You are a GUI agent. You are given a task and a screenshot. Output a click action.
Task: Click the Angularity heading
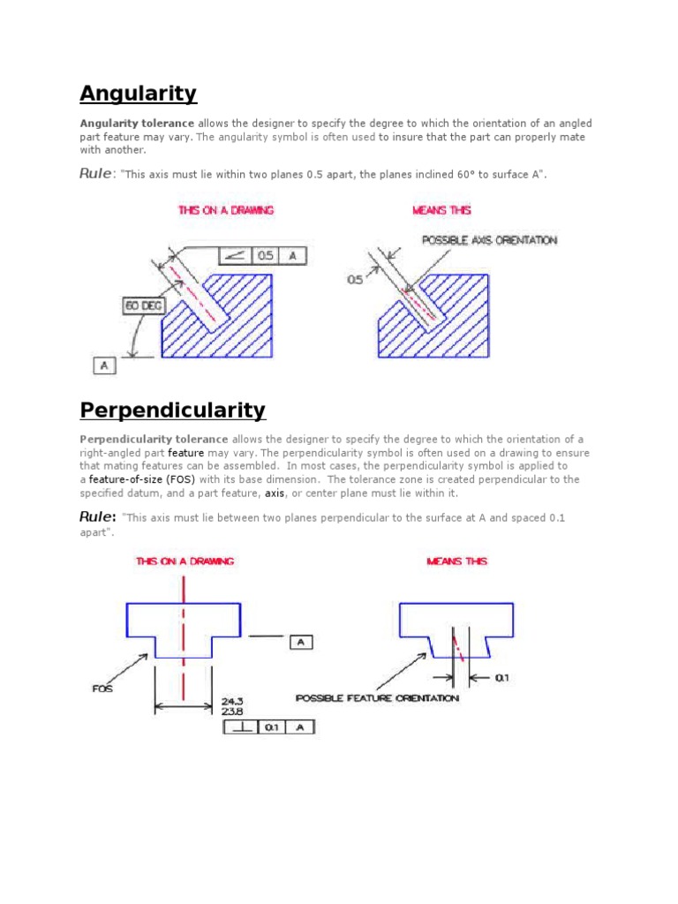coord(138,94)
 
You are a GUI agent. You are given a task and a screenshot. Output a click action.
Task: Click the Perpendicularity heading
coord(172,411)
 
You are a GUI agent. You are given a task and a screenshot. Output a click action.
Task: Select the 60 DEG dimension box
coord(142,305)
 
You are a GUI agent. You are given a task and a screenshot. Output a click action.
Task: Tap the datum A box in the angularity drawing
coord(104,364)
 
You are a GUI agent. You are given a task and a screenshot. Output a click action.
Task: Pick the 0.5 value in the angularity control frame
coord(265,255)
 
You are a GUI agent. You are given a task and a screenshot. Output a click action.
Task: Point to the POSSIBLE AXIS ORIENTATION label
coord(489,240)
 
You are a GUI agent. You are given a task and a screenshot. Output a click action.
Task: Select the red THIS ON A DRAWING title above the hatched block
coord(226,210)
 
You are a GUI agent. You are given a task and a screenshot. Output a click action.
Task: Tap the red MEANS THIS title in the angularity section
coord(441,210)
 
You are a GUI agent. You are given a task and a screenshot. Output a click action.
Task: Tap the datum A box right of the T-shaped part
coord(300,643)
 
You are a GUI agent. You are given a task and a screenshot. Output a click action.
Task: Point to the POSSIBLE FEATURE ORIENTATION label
coord(377,698)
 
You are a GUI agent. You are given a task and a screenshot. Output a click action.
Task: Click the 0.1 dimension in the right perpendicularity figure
coord(501,678)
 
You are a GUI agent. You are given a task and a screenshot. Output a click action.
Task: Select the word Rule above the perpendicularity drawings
coord(97,517)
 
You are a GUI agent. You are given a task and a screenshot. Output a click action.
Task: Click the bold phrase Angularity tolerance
coord(137,123)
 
